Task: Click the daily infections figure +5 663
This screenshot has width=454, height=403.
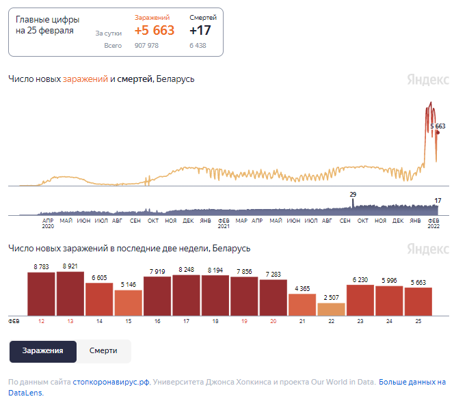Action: (x=154, y=31)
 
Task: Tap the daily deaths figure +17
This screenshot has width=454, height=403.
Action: (x=200, y=31)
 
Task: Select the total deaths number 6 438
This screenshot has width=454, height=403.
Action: (x=198, y=46)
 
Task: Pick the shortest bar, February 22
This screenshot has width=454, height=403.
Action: (x=331, y=308)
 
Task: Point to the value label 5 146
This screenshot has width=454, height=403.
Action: (x=129, y=285)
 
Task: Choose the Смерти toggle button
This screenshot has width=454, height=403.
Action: (x=103, y=350)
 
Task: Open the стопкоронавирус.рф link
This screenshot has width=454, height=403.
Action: (x=111, y=383)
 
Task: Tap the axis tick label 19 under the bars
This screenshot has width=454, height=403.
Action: (x=244, y=320)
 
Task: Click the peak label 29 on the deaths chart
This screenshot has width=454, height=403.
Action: (x=353, y=195)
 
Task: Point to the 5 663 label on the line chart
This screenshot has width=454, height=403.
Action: (x=438, y=126)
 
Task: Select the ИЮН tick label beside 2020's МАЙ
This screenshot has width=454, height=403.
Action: (x=83, y=221)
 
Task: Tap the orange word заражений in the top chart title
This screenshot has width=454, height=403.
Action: (x=85, y=79)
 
